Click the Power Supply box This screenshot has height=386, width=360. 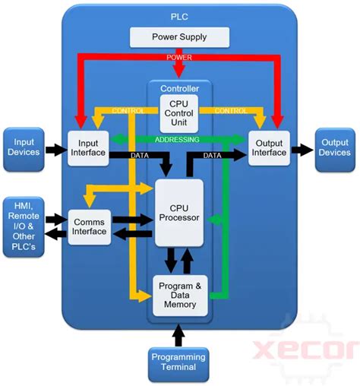point(179,36)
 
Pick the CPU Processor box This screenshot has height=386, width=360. point(179,212)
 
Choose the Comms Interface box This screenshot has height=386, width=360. point(89,226)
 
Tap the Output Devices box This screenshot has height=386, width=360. point(334,147)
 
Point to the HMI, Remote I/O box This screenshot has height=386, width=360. point(24,226)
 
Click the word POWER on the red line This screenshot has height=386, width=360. point(179,57)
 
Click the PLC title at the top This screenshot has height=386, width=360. point(179,15)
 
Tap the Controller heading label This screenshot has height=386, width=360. point(179,87)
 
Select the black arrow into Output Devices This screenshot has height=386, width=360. point(302,148)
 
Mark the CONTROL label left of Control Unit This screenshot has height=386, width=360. point(128,110)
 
